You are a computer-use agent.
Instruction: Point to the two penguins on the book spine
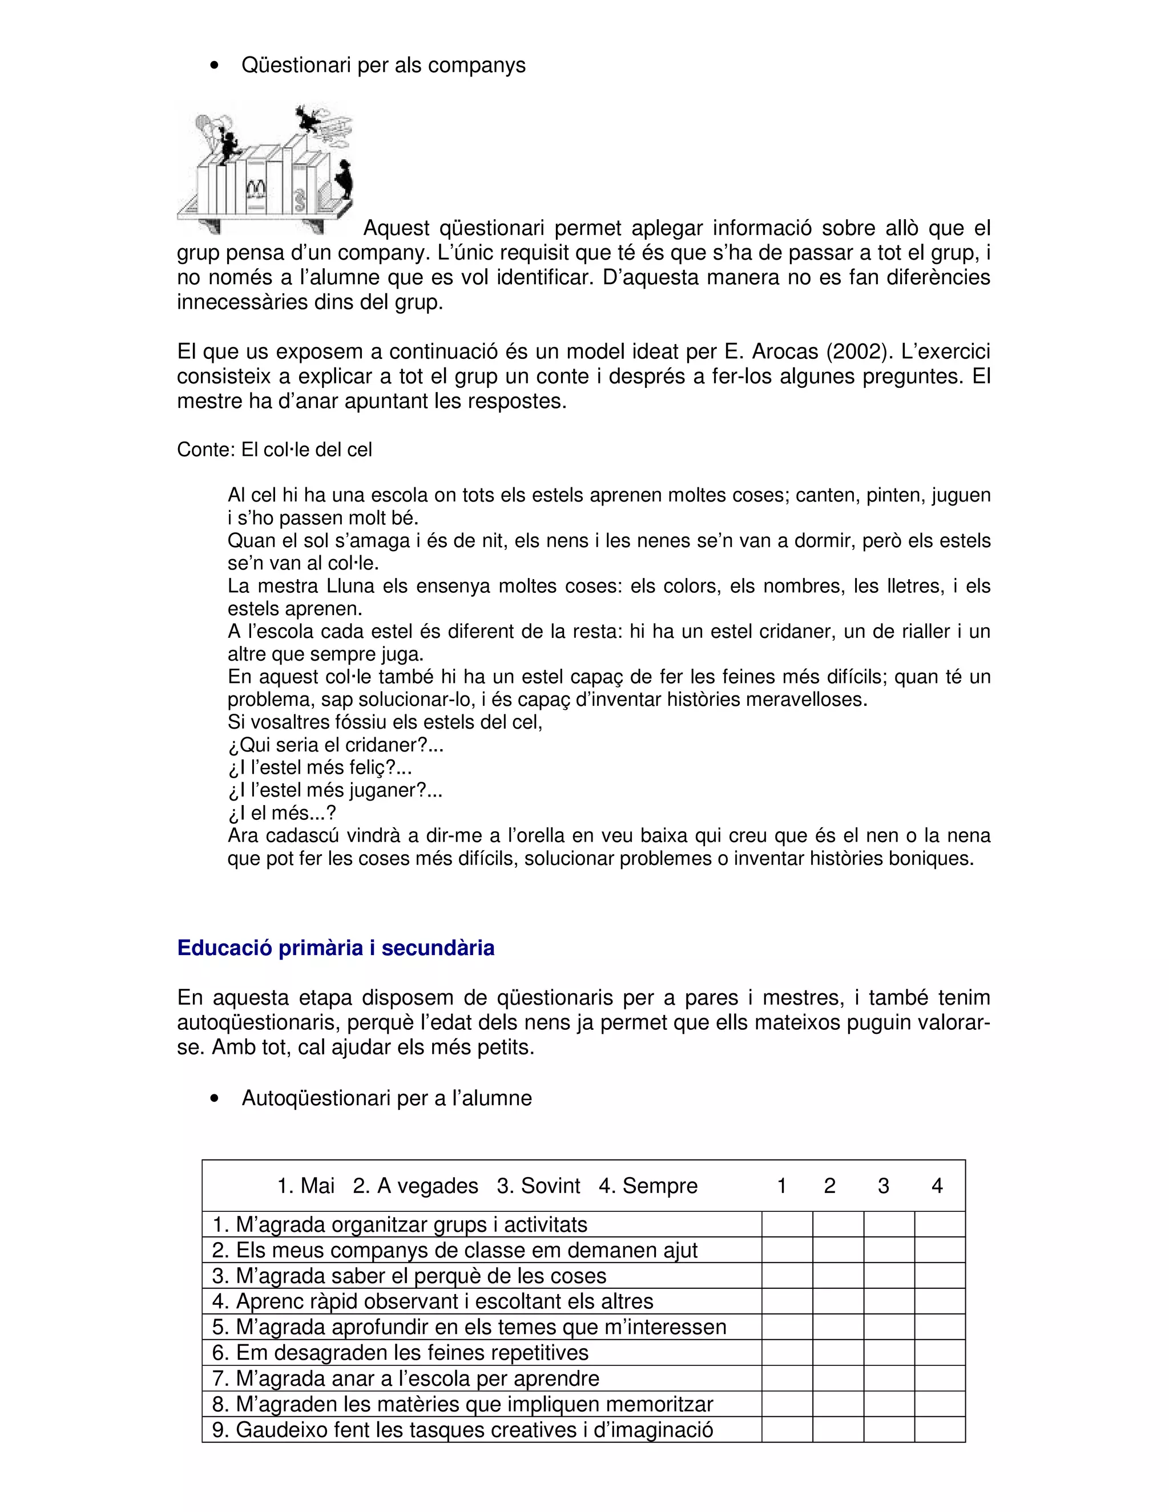pos(256,189)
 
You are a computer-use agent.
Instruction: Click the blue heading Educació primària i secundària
pos(336,948)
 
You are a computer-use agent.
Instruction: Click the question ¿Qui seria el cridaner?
pos(335,746)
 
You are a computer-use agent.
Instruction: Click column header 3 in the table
pos(883,1186)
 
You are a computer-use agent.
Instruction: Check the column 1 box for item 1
pos(787,1224)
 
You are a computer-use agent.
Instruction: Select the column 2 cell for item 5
pos(838,1327)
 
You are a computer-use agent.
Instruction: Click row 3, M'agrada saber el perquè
pos(409,1275)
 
